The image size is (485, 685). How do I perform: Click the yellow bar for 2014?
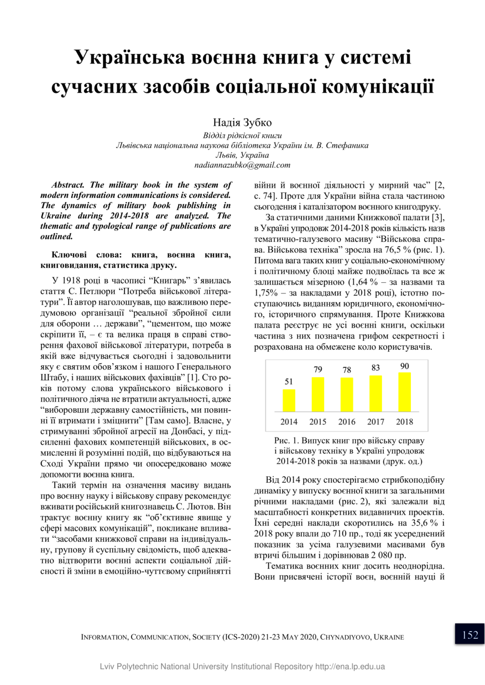[289, 401]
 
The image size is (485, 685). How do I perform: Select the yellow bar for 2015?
[318, 394]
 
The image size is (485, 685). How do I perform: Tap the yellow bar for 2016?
[347, 395]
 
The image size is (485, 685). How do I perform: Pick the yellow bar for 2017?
[376, 393]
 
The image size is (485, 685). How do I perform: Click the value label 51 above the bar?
[289, 382]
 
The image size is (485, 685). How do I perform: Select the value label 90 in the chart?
[404, 366]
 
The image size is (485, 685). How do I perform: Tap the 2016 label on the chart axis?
[347, 421]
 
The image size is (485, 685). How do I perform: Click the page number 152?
[470, 635]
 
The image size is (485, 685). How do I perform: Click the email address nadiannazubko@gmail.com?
[242, 165]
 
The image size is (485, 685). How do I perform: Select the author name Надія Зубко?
[242, 122]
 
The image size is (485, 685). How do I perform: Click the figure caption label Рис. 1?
[286, 441]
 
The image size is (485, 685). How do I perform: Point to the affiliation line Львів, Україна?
[242, 155]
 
